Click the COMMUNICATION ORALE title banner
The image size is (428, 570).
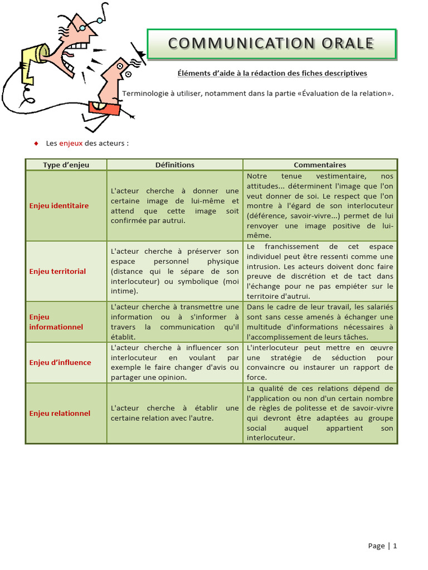271,43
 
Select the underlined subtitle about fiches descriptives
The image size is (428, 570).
272,73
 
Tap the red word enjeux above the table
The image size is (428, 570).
71,143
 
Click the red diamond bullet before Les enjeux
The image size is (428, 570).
36,143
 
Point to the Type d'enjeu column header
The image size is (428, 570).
66,165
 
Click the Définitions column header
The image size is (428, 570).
174,165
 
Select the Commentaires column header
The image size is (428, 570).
320,165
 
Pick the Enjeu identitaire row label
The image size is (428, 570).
59,205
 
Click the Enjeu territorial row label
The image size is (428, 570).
57,271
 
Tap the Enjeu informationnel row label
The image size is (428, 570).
56,322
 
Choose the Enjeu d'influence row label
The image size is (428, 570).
60,362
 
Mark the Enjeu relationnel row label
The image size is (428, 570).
60,413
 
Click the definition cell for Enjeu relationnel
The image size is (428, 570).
174,413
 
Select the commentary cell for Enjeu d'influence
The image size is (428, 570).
320,362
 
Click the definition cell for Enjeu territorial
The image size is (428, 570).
174,271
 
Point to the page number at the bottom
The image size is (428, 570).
382,546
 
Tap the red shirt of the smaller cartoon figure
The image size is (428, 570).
104,107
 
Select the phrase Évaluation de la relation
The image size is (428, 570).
346,93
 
